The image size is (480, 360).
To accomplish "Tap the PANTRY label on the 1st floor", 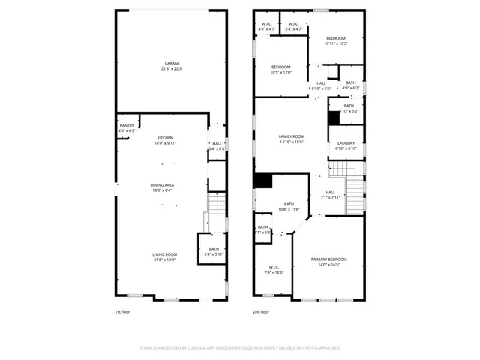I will point(127,127).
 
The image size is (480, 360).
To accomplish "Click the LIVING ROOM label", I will point(165,257).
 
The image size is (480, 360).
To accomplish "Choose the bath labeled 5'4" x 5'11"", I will point(214,251).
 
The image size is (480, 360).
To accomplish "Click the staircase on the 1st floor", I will point(216,203).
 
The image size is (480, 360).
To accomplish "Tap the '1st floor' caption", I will point(123,311).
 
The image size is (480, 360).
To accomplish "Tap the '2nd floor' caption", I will point(261,311).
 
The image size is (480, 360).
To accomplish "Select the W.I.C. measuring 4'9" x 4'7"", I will point(267,26).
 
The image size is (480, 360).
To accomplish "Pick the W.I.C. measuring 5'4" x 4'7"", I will point(294,26).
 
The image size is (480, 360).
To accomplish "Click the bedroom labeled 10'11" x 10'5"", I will point(335,40).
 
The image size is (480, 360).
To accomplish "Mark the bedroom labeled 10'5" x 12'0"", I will point(281,70).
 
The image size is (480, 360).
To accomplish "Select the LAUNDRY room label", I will point(346,145).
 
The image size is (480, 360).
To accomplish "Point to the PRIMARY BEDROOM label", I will point(330,262).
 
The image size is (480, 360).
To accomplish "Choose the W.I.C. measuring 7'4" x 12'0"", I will point(274,269).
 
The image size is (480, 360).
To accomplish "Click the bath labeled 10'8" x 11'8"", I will point(289,206).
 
